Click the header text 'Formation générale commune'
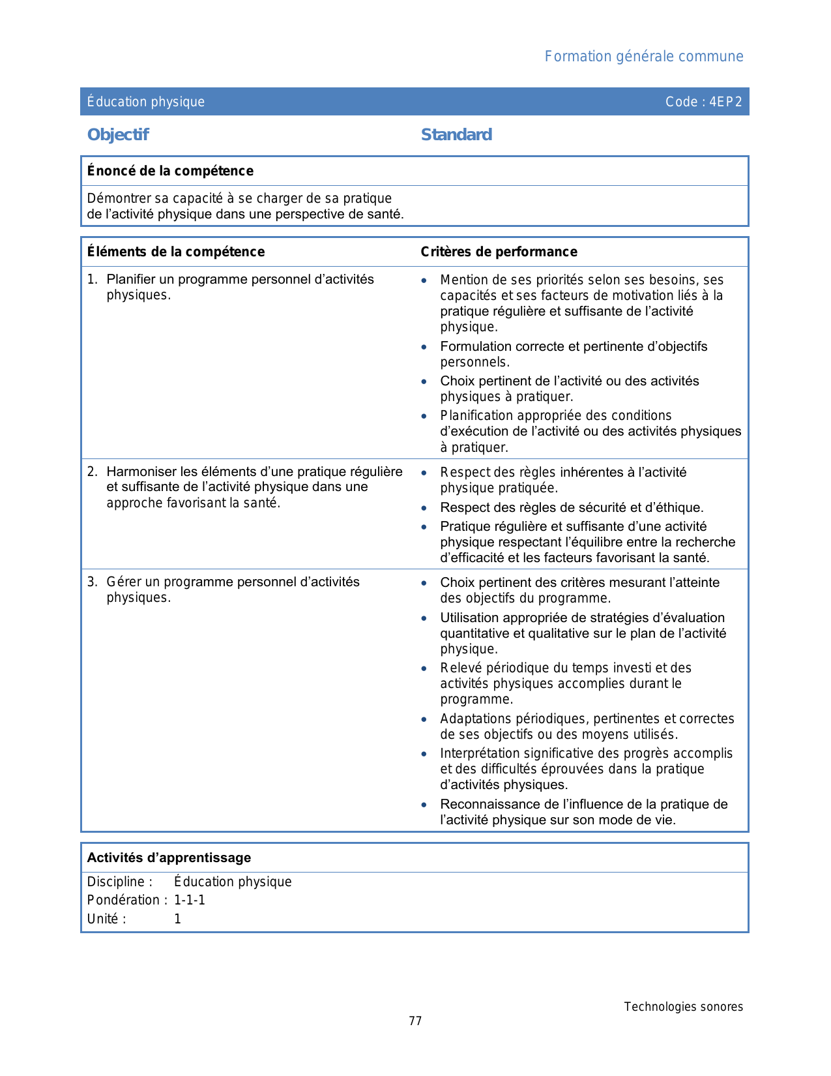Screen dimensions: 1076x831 pyautogui.click(x=643, y=57)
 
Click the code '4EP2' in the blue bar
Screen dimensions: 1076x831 pyautogui.click(x=725, y=102)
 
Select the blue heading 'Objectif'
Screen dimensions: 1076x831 pyautogui.click(x=118, y=135)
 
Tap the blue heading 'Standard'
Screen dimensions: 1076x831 pyautogui.click(x=456, y=135)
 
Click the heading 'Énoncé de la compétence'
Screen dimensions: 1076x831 pyautogui.click(x=170, y=171)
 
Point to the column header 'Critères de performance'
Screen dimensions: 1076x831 pyautogui.click(x=499, y=252)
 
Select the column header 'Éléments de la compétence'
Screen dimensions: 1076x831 pyautogui.click(x=176, y=252)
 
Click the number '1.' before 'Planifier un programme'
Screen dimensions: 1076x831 pyautogui.click(x=93, y=280)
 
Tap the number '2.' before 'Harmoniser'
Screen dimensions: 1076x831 pyautogui.click(x=93, y=471)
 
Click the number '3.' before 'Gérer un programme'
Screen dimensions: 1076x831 pyautogui.click(x=93, y=582)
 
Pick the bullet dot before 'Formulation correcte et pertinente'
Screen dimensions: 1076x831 pyautogui.click(x=424, y=347)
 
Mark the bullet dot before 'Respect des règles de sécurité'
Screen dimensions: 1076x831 pyautogui.click(x=424, y=508)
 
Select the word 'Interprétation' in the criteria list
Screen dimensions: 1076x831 pyautogui.click(x=480, y=754)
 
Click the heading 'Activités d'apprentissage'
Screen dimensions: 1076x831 pyautogui.click(x=169, y=858)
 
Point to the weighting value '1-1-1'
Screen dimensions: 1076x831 pyautogui.click(x=190, y=901)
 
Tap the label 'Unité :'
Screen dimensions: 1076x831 pyautogui.click(x=106, y=919)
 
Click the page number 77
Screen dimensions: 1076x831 pyautogui.click(x=415, y=1021)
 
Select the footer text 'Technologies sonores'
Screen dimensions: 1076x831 pyautogui.click(x=683, y=1007)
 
